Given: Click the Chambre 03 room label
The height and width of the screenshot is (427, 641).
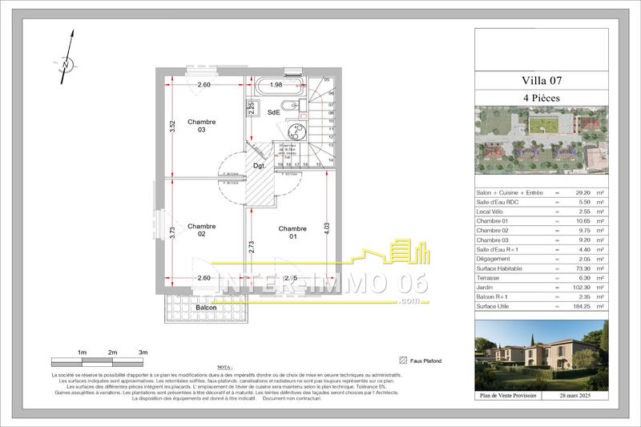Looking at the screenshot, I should pyautogui.click(x=202, y=126).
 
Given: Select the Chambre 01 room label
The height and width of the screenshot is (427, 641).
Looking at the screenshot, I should pyautogui.click(x=292, y=233).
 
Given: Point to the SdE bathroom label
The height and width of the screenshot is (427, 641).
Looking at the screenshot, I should pyautogui.click(x=274, y=112).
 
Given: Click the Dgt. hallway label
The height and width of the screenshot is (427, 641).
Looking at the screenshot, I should pyautogui.click(x=259, y=166).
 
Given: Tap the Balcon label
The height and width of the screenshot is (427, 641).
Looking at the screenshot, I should pyautogui.click(x=206, y=308).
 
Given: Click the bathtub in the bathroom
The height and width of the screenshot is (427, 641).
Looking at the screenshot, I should pyautogui.click(x=276, y=86).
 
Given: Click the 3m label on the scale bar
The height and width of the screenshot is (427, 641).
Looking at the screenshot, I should pyautogui.click(x=143, y=352).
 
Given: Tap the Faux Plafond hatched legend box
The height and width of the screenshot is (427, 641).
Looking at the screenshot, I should pyautogui.click(x=402, y=361).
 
